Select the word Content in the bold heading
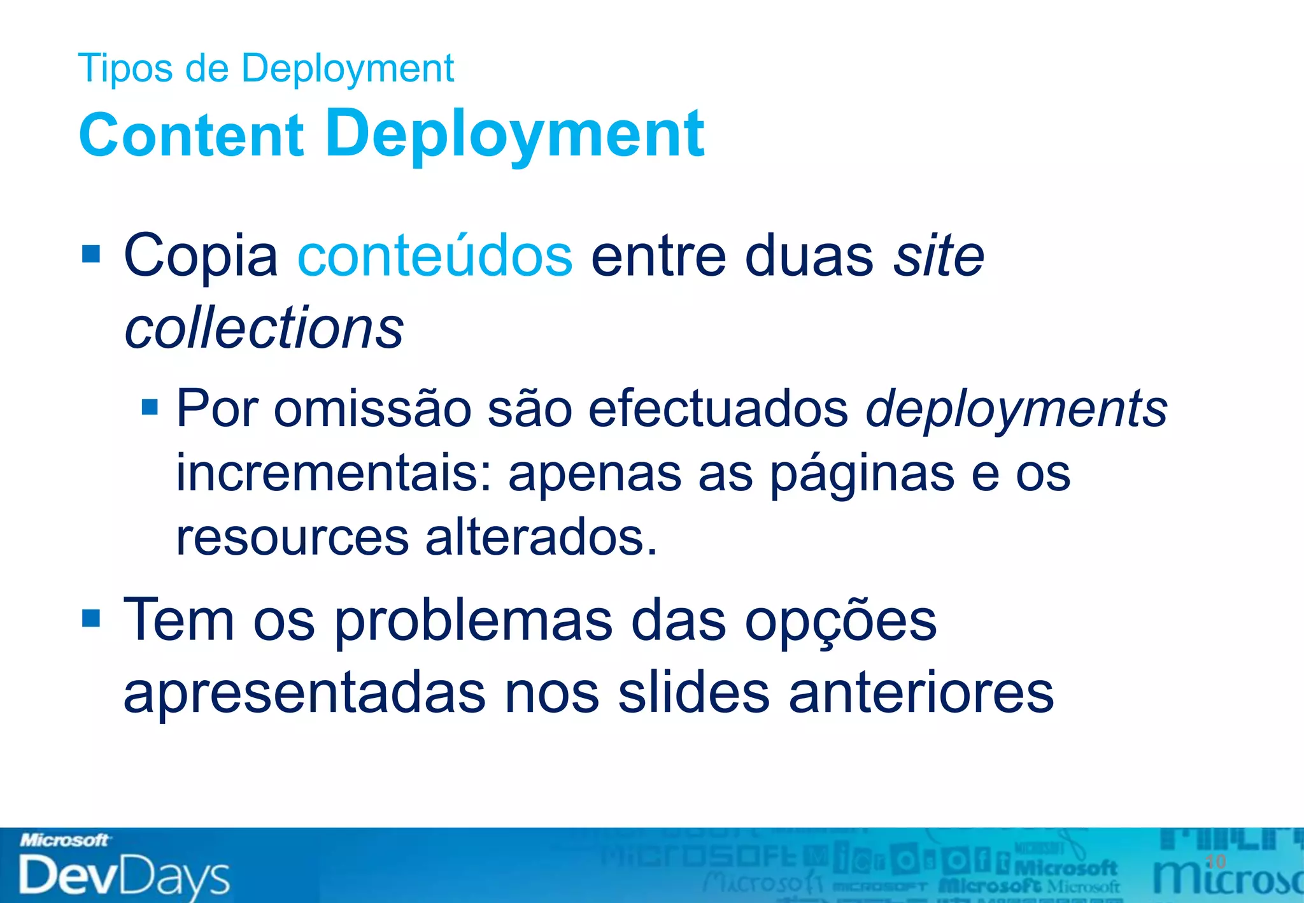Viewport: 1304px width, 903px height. [191, 134]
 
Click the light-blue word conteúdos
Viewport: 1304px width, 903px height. [435, 256]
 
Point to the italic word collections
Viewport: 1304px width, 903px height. [264, 328]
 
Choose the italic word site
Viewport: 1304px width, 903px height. [939, 256]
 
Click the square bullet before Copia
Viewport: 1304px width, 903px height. [91, 255]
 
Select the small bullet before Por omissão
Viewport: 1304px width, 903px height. [150, 407]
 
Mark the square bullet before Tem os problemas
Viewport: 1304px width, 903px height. [91, 618]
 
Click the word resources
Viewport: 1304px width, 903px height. [292, 537]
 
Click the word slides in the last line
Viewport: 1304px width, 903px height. [693, 693]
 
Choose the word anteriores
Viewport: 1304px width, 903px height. [921, 693]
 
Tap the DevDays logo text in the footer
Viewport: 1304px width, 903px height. [124, 876]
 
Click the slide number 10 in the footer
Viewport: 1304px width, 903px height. [1215, 862]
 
